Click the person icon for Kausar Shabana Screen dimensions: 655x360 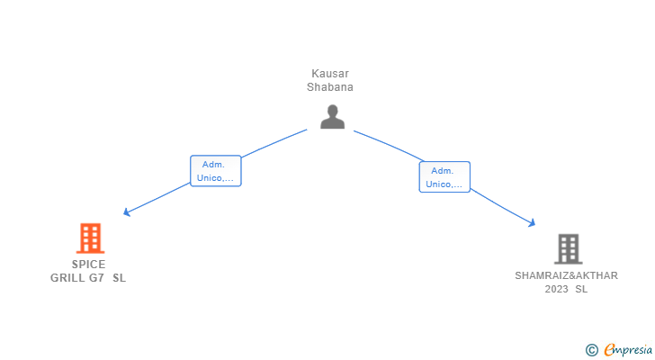coord(332,116)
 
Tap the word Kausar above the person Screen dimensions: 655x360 coord(331,74)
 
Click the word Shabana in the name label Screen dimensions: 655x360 coord(331,87)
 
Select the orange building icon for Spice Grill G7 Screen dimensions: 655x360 coord(90,238)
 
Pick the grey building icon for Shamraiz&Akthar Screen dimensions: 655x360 coord(567,248)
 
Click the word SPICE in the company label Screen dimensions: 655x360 coord(89,265)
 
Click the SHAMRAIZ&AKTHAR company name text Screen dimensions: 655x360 coord(566,275)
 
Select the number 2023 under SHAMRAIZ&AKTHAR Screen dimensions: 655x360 coord(557,289)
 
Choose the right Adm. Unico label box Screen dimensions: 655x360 coord(444,177)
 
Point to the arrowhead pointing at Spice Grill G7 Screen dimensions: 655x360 coord(126,212)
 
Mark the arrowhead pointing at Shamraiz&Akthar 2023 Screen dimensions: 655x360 coord(533,223)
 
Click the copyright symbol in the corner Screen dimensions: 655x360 coord(591,350)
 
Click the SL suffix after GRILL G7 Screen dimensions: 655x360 coord(120,278)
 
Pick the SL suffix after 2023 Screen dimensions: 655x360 coord(581,289)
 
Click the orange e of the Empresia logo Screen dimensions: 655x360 coord(609,350)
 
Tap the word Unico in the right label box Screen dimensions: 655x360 coord(440,184)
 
